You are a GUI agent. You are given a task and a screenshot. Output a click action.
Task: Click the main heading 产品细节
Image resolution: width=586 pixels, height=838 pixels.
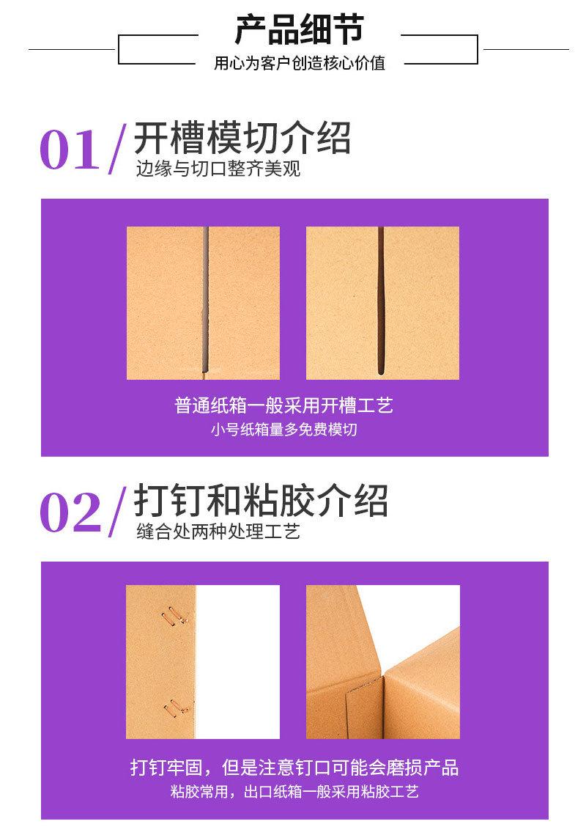click(x=298, y=31)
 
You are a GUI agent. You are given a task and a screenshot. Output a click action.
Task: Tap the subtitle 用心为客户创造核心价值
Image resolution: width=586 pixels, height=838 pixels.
click(x=299, y=63)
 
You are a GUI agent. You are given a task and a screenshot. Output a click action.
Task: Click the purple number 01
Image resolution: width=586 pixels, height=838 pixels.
click(x=69, y=150)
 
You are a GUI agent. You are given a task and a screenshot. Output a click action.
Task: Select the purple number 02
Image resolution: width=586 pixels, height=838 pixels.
click(x=69, y=512)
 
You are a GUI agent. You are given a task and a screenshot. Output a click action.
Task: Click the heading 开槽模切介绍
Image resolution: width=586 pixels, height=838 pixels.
click(x=242, y=138)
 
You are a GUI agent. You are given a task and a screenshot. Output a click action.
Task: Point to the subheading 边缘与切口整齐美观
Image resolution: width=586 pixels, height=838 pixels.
click(x=218, y=169)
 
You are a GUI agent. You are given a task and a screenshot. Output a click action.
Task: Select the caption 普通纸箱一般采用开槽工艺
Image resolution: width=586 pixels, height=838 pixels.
click(x=283, y=405)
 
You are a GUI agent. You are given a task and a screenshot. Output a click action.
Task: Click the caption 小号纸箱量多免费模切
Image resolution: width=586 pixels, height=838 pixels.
click(x=283, y=430)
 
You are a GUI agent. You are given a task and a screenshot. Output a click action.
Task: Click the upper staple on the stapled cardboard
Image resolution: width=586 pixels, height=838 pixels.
click(x=174, y=617)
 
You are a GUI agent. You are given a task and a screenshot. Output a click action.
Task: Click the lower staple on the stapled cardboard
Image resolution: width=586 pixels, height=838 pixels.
click(x=174, y=705)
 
